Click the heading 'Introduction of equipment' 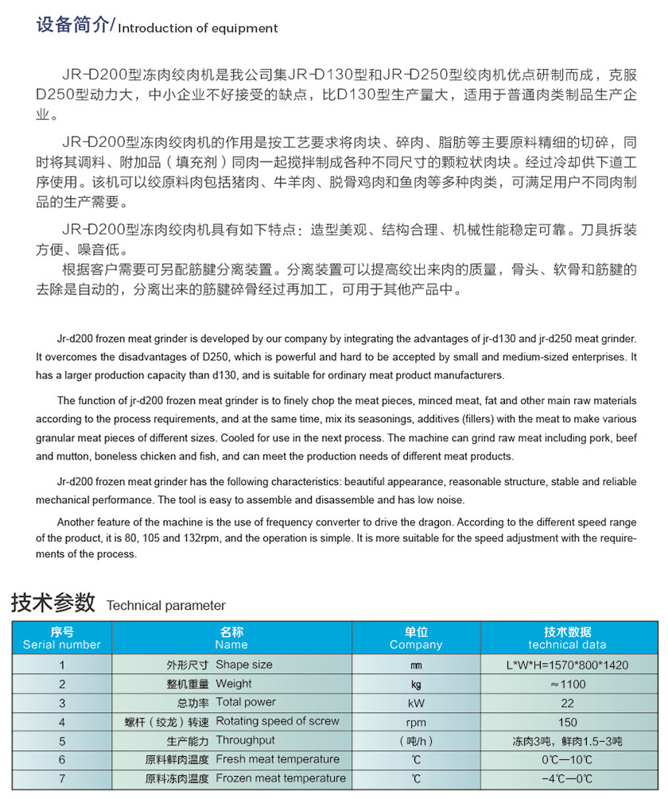coord(198,28)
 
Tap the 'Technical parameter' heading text coord(166,605)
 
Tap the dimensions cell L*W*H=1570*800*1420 coord(567,665)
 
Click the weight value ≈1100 coord(567,685)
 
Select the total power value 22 coord(567,704)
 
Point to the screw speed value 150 coord(567,722)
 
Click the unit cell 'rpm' coord(416,722)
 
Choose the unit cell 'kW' coord(416,704)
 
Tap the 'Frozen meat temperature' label coord(281,778)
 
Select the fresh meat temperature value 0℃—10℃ coord(567,759)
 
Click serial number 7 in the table coord(62,778)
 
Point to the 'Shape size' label coord(243,665)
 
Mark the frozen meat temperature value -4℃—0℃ coord(567,778)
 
